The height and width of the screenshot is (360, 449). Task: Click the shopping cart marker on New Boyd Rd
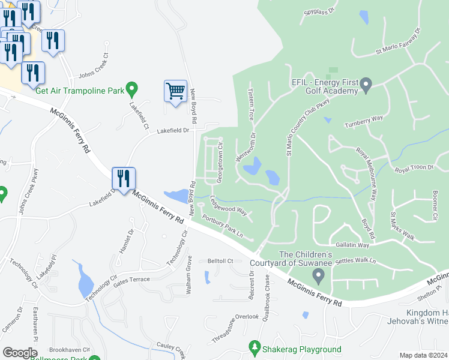point(175,92)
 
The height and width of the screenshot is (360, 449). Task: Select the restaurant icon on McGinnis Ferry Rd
point(124,178)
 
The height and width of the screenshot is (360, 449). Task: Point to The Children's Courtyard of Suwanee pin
point(319,275)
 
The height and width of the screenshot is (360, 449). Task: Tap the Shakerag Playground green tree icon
point(255,348)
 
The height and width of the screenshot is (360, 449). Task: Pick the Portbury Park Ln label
point(223,224)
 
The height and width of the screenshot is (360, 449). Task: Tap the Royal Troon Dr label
point(414,170)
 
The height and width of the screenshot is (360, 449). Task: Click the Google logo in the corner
point(20,353)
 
